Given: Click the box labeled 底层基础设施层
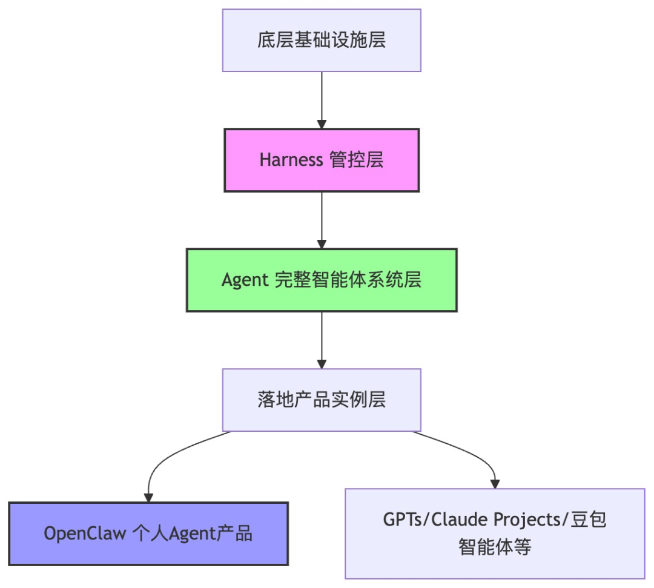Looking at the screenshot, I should (x=322, y=41).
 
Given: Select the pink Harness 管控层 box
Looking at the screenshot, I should (x=322, y=160).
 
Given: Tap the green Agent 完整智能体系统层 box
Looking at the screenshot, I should (x=322, y=280).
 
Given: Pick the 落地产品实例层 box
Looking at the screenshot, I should (x=322, y=400).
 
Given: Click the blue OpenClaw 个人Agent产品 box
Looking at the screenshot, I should (x=148, y=533).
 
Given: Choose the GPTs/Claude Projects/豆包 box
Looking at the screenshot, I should (x=495, y=533).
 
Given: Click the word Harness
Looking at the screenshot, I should (x=291, y=160).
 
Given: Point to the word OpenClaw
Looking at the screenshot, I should (x=85, y=533).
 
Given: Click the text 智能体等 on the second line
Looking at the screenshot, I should (x=495, y=547).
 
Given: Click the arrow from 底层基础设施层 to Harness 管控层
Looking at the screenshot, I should (x=322, y=97).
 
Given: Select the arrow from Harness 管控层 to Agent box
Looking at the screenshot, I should (x=322, y=218).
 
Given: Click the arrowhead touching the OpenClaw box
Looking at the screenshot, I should (x=148, y=497).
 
